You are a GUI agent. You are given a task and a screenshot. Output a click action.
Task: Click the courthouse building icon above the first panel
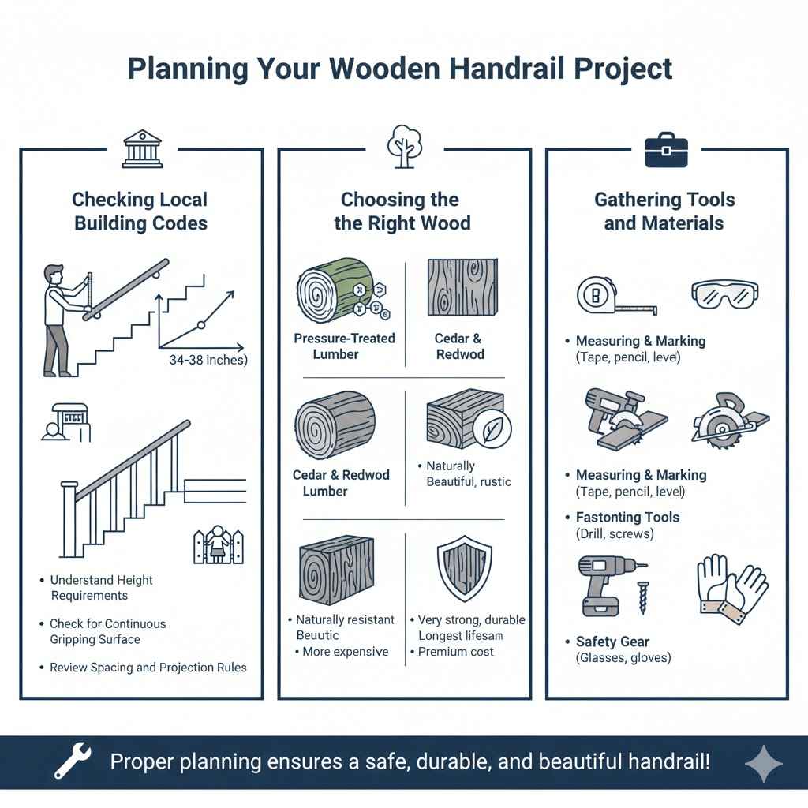[142, 149]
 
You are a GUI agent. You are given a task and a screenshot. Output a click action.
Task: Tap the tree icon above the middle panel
[403, 146]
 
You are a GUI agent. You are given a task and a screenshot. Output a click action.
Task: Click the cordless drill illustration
[608, 584]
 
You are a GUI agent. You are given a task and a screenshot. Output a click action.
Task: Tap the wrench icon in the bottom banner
[72, 761]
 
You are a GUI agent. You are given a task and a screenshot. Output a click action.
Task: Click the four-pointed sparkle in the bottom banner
[763, 763]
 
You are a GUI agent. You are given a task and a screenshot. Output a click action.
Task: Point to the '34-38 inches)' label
[208, 361]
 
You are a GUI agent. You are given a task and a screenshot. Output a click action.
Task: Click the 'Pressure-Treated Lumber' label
[344, 346]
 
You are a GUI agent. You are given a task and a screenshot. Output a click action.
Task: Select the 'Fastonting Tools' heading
[627, 518]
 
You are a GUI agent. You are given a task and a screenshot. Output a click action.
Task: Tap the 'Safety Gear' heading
[613, 642]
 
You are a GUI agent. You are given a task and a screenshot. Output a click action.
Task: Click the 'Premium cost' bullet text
[455, 652]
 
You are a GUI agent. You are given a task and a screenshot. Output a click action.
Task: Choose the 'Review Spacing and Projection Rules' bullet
[148, 668]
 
